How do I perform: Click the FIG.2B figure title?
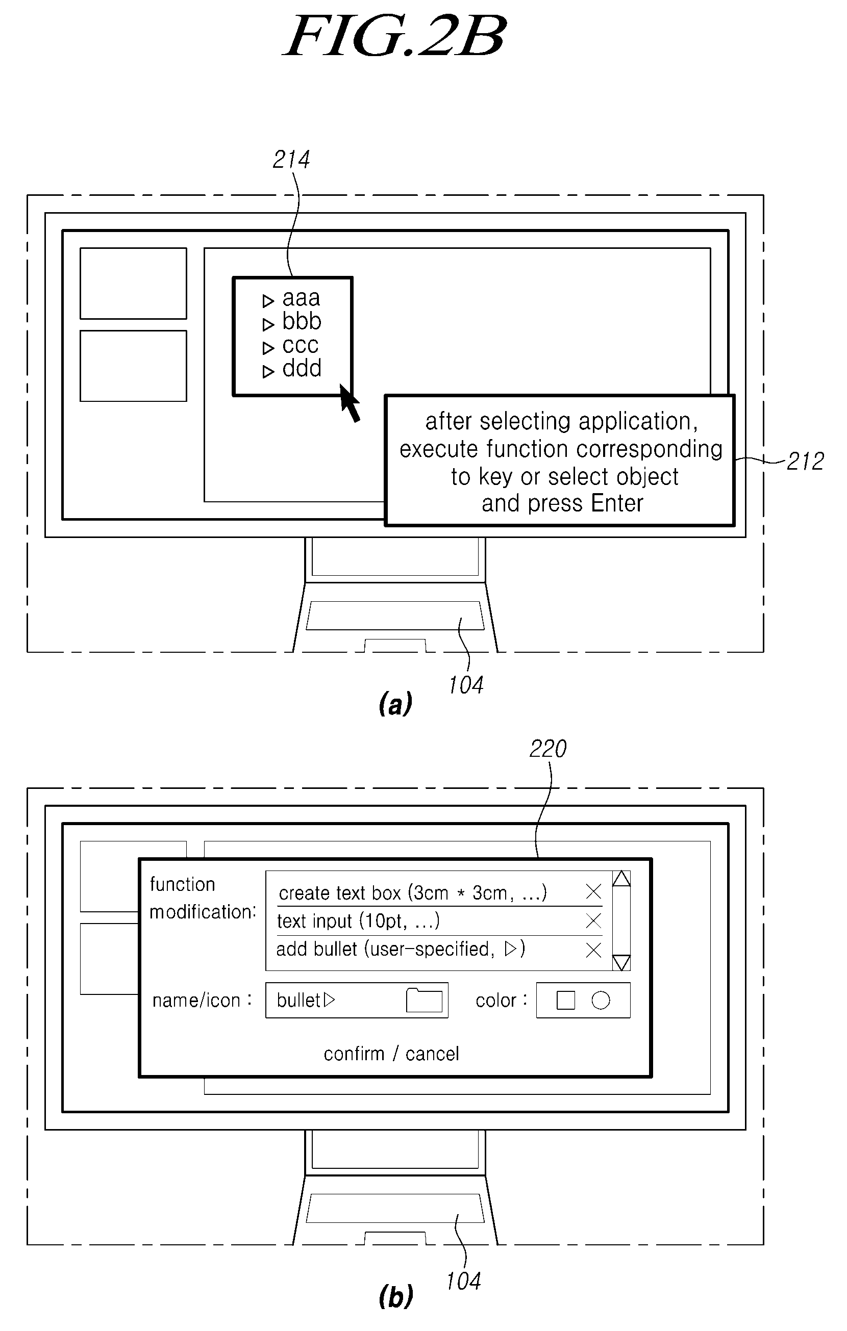(395, 37)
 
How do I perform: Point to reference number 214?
(291, 160)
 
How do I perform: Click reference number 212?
(806, 461)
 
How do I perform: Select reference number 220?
(548, 749)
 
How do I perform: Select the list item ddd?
(302, 368)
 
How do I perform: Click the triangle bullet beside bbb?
(268, 324)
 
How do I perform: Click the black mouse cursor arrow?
(350, 403)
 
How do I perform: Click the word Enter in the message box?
(616, 503)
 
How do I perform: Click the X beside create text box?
(593, 891)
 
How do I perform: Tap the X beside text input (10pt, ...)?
(593, 921)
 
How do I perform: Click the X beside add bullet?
(593, 950)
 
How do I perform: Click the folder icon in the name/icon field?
(424, 1000)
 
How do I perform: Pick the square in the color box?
(565, 1001)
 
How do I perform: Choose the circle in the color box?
(601, 1001)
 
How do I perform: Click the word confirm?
(354, 1054)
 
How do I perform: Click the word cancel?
(432, 1054)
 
